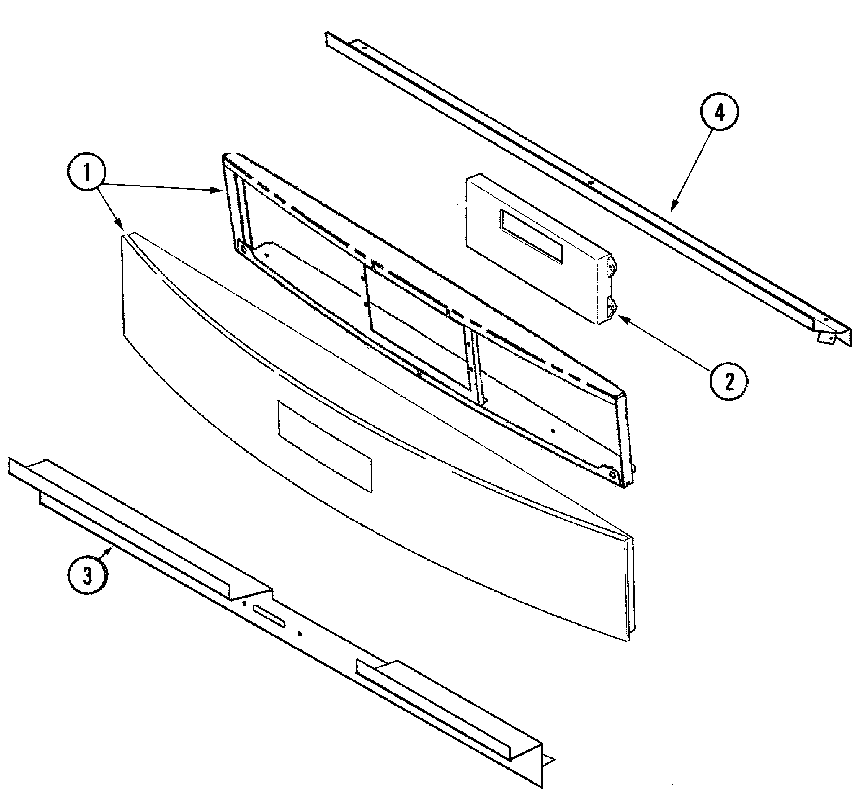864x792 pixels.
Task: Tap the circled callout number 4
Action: click(x=720, y=113)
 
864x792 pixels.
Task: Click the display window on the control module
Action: click(x=531, y=237)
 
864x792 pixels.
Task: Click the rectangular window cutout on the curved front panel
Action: click(x=325, y=446)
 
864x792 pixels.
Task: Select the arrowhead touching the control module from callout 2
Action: click(x=622, y=318)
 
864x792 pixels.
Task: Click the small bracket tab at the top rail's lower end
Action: click(x=825, y=338)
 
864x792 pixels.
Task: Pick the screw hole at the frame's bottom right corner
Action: click(x=611, y=473)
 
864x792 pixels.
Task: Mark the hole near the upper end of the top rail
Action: click(x=363, y=48)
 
